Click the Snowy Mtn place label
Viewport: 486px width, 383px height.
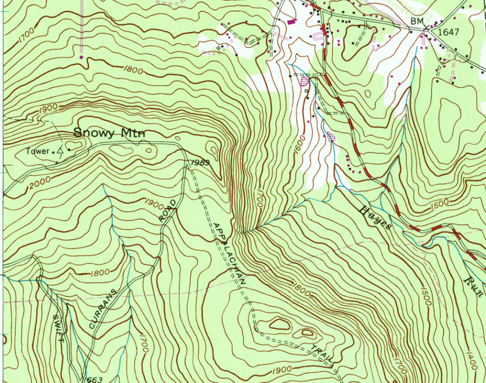(x=109, y=133)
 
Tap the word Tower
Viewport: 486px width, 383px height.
(x=38, y=151)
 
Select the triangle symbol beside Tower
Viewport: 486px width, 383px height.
(x=60, y=151)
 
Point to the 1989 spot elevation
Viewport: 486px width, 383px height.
(x=199, y=163)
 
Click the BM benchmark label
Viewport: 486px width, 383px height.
(x=417, y=22)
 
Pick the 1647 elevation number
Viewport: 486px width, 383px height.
(x=449, y=32)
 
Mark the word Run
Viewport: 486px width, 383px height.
(x=473, y=285)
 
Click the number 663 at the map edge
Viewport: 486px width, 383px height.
(x=94, y=379)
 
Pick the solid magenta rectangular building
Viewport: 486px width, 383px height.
(x=291, y=21)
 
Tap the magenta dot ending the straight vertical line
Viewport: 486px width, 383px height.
(x=81, y=57)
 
